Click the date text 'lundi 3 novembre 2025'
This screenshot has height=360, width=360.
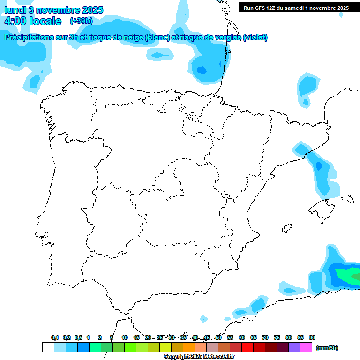(x=54, y=10)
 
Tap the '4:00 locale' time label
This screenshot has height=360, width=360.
(x=33, y=21)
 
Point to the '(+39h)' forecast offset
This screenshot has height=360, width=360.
(x=81, y=21)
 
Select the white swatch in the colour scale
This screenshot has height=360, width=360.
(x=48, y=347)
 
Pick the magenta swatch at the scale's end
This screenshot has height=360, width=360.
(x=306, y=347)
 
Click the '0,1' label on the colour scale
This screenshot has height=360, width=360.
(x=55, y=338)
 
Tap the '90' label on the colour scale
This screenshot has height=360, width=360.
(x=312, y=338)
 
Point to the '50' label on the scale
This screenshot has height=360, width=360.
(x=218, y=338)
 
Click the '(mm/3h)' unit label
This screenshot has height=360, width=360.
(x=327, y=348)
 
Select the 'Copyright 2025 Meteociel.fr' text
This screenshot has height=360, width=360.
(x=199, y=357)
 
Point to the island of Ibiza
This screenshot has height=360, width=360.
(x=286, y=228)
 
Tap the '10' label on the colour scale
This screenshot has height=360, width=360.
(x=125, y=338)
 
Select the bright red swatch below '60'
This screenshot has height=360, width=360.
(x=247, y=347)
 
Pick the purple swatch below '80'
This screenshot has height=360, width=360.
(x=294, y=347)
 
